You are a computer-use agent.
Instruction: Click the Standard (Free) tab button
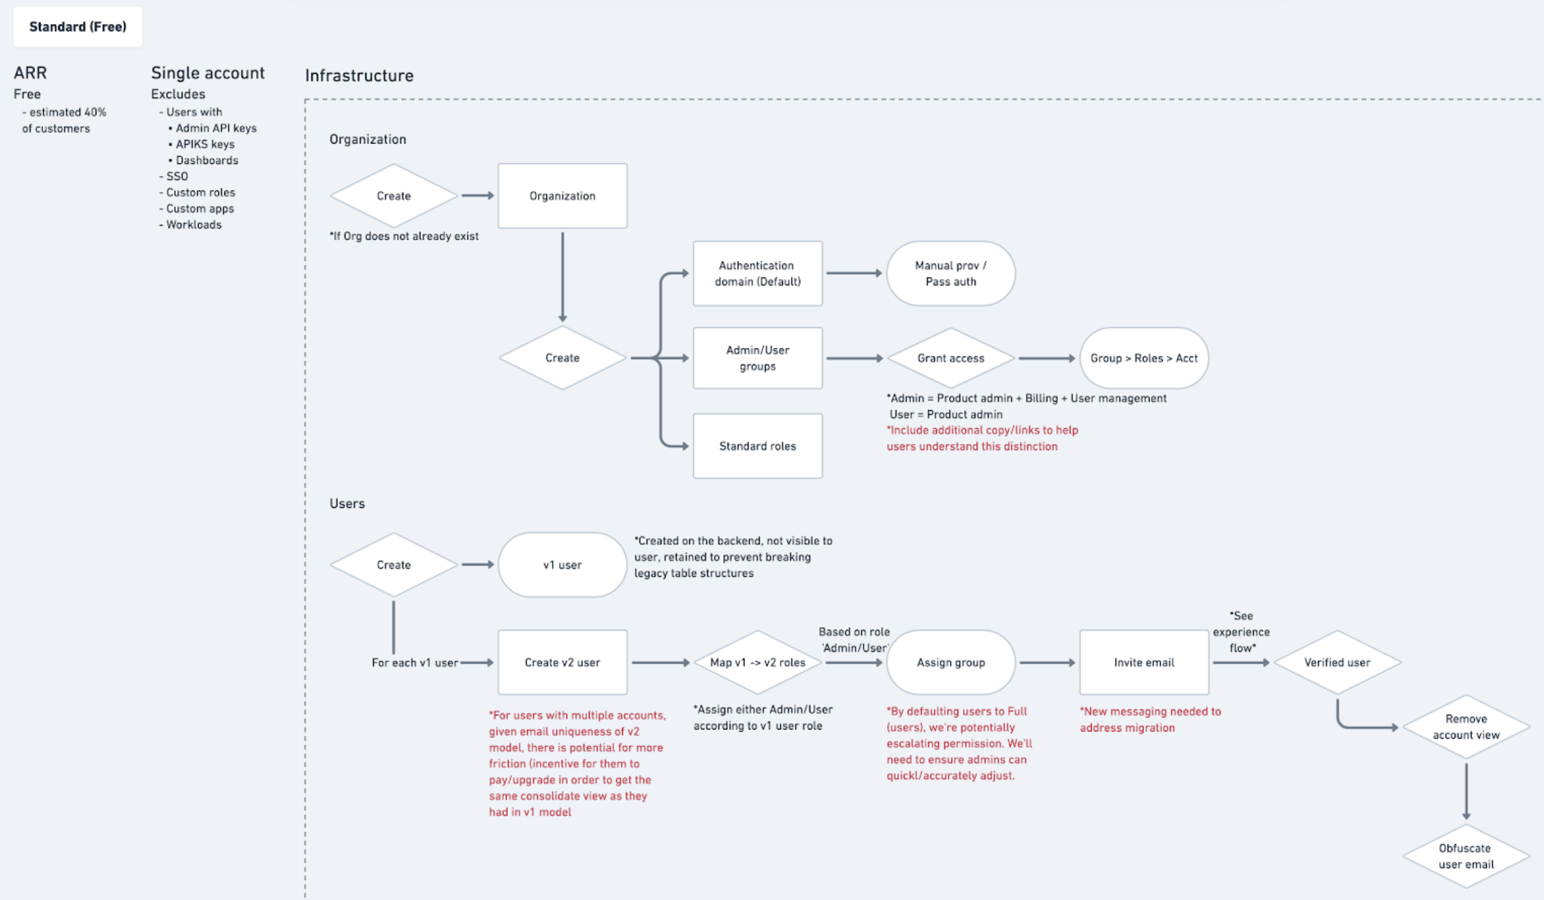78,27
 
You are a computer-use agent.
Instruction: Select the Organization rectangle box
562,196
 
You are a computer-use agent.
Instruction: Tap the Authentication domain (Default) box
757,274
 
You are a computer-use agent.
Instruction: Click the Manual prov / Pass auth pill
950,274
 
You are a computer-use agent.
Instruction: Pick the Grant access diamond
950,358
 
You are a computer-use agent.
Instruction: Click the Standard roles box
757,446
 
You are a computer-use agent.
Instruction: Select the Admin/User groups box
757,358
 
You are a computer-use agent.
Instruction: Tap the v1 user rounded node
562,564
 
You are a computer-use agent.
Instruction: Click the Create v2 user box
562,663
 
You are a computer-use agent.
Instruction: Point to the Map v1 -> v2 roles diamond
757,663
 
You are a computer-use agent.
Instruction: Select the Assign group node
950,663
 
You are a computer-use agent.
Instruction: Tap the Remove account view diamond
1466,727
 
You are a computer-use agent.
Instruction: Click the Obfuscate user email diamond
1466,856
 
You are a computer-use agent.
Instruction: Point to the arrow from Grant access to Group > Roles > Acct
1046,358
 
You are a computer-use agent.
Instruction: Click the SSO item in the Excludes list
177,176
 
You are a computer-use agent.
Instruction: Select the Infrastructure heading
359,76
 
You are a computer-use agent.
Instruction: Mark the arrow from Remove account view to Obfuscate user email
1466,790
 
